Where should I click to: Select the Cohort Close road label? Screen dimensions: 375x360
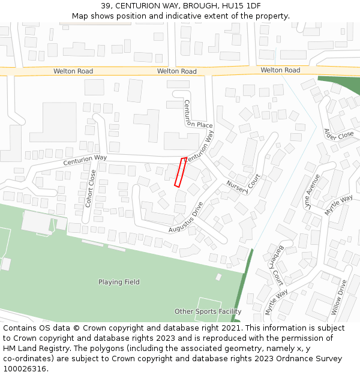tap(91, 188)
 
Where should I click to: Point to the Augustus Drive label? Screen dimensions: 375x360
tap(186, 217)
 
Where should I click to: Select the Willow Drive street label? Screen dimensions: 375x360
tap(339, 297)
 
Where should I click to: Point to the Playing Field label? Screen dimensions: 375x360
tap(119, 282)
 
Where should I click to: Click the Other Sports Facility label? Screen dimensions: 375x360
tap(208, 311)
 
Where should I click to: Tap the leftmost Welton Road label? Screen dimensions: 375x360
tap(73, 71)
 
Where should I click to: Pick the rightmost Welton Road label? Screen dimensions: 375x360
tap(280, 70)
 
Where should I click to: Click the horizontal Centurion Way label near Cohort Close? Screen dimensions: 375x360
tap(85, 160)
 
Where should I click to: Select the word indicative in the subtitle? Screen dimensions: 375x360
tap(184, 16)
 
